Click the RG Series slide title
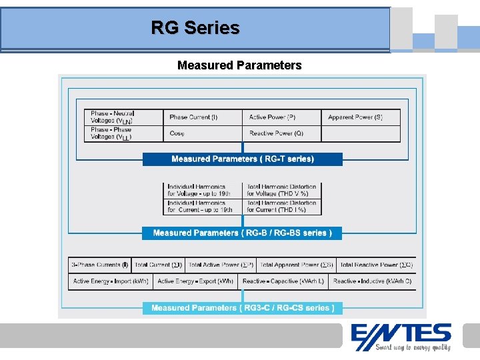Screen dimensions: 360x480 click(x=195, y=28)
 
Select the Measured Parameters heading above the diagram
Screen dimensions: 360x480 click(x=239, y=65)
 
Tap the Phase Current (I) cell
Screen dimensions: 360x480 click(x=202, y=117)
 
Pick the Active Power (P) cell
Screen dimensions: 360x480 click(x=281, y=117)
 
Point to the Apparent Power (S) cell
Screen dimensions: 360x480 click(x=360, y=117)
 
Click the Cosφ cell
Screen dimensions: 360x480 click(x=202, y=133)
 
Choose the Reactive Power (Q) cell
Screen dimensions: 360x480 click(x=281, y=133)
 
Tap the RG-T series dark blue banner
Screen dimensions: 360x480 click(x=242, y=159)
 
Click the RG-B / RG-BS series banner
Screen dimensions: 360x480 click(x=242, y=233)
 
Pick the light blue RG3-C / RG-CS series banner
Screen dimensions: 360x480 click(x=242, y=308)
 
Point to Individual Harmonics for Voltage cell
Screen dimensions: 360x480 click(x=203, y=190)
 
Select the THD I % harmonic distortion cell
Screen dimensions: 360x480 click(x=282, y=206)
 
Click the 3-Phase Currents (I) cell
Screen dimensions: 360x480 click(x=100, y=265)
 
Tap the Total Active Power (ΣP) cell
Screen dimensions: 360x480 click(x=221, y=265)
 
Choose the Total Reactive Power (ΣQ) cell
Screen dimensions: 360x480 click(x=376, y=265)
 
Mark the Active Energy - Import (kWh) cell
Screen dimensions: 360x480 click(x=111, y=281)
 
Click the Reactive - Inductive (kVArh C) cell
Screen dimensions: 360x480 click(x=372, y=281)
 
